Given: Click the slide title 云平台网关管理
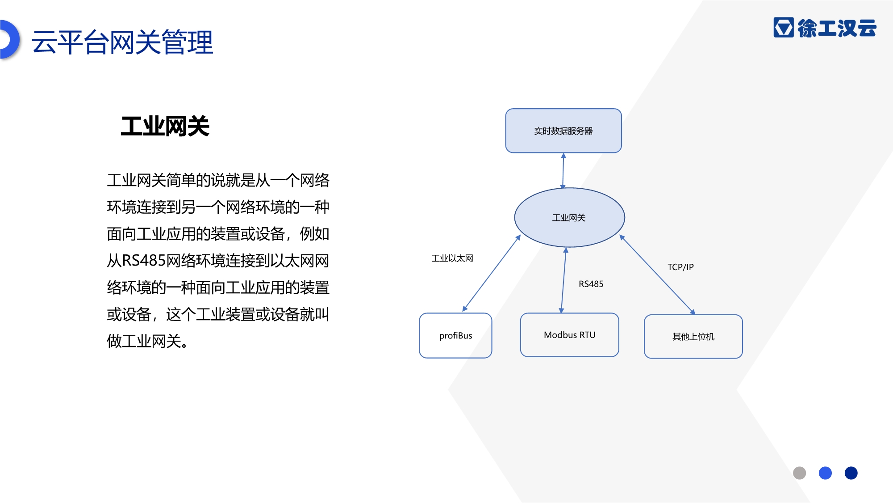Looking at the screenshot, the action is [122, 42].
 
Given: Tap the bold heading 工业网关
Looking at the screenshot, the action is [165, 126].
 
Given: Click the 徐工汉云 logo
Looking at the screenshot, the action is [825, 28].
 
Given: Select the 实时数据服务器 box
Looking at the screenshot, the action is [563, 131].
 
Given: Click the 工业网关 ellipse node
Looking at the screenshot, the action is [569, 217].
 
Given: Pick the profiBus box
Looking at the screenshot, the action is [455, 335].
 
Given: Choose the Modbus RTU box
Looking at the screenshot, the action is [570, 335].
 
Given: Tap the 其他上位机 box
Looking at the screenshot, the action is [693, 336].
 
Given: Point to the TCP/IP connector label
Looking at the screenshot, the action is [680, 267].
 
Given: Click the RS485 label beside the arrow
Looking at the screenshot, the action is [591, 284].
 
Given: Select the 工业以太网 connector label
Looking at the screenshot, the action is [452, 258].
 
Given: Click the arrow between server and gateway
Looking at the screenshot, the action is [563, 171].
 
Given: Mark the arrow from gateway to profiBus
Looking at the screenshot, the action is [492, 273].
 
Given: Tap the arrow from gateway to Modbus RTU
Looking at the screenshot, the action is [563, 280].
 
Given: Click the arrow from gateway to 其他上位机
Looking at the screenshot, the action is [657, 275].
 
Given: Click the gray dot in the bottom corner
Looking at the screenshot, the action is [799, 473].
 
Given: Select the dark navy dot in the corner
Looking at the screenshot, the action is [851, 473].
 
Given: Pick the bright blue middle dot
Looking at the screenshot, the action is [825, 473].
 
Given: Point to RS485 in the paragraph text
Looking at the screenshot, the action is [144, 260].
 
